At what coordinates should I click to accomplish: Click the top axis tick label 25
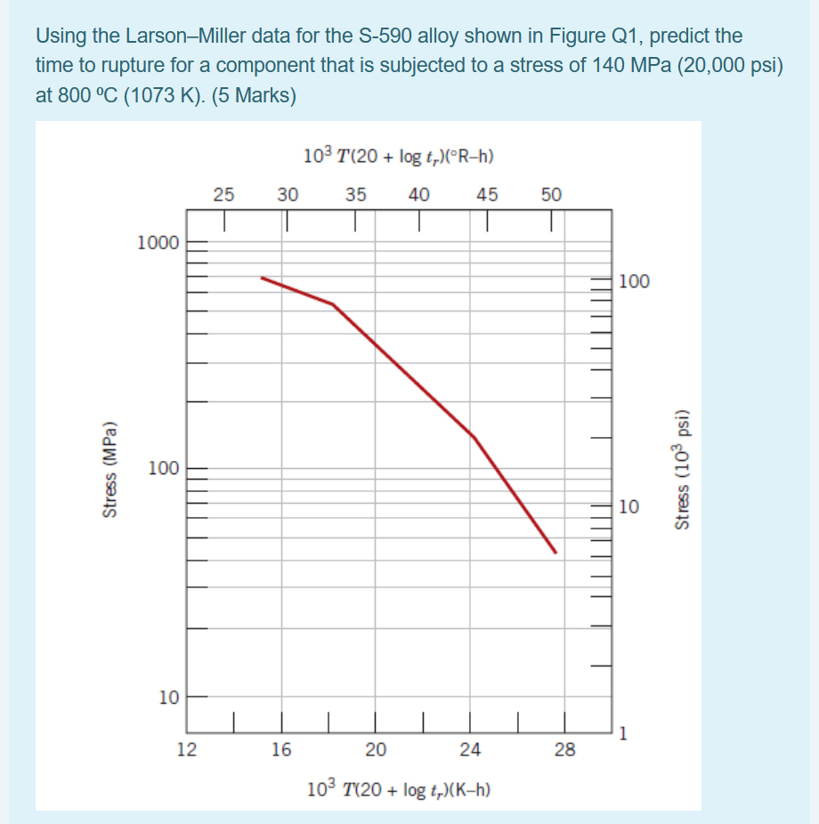click(224, 193)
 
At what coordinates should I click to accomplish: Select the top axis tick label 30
click(288, 193)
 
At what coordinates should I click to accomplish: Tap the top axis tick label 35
click(356, 193)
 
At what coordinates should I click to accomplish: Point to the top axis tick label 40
click(419, 193)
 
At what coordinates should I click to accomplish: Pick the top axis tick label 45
click(487, 193)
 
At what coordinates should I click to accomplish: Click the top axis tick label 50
click(551, 193)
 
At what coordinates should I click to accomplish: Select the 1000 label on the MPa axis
click(158, 242)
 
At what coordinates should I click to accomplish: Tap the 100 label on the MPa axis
click(163, 468)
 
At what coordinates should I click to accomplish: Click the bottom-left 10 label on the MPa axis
click(168, 697)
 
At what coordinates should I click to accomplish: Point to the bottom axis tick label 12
click(186, 749)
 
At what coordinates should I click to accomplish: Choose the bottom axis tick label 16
click(281, 749)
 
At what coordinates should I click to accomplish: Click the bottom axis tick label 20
click(376, 749)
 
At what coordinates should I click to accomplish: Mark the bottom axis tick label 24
click(470, 749)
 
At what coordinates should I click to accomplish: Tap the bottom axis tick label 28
click(564, 749)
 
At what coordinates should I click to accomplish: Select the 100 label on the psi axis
click(634, 282)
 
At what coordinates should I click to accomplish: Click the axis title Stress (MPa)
click(110, 468)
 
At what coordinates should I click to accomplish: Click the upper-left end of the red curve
click(262, 278)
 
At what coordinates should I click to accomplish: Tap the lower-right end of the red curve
click(555, 553)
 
